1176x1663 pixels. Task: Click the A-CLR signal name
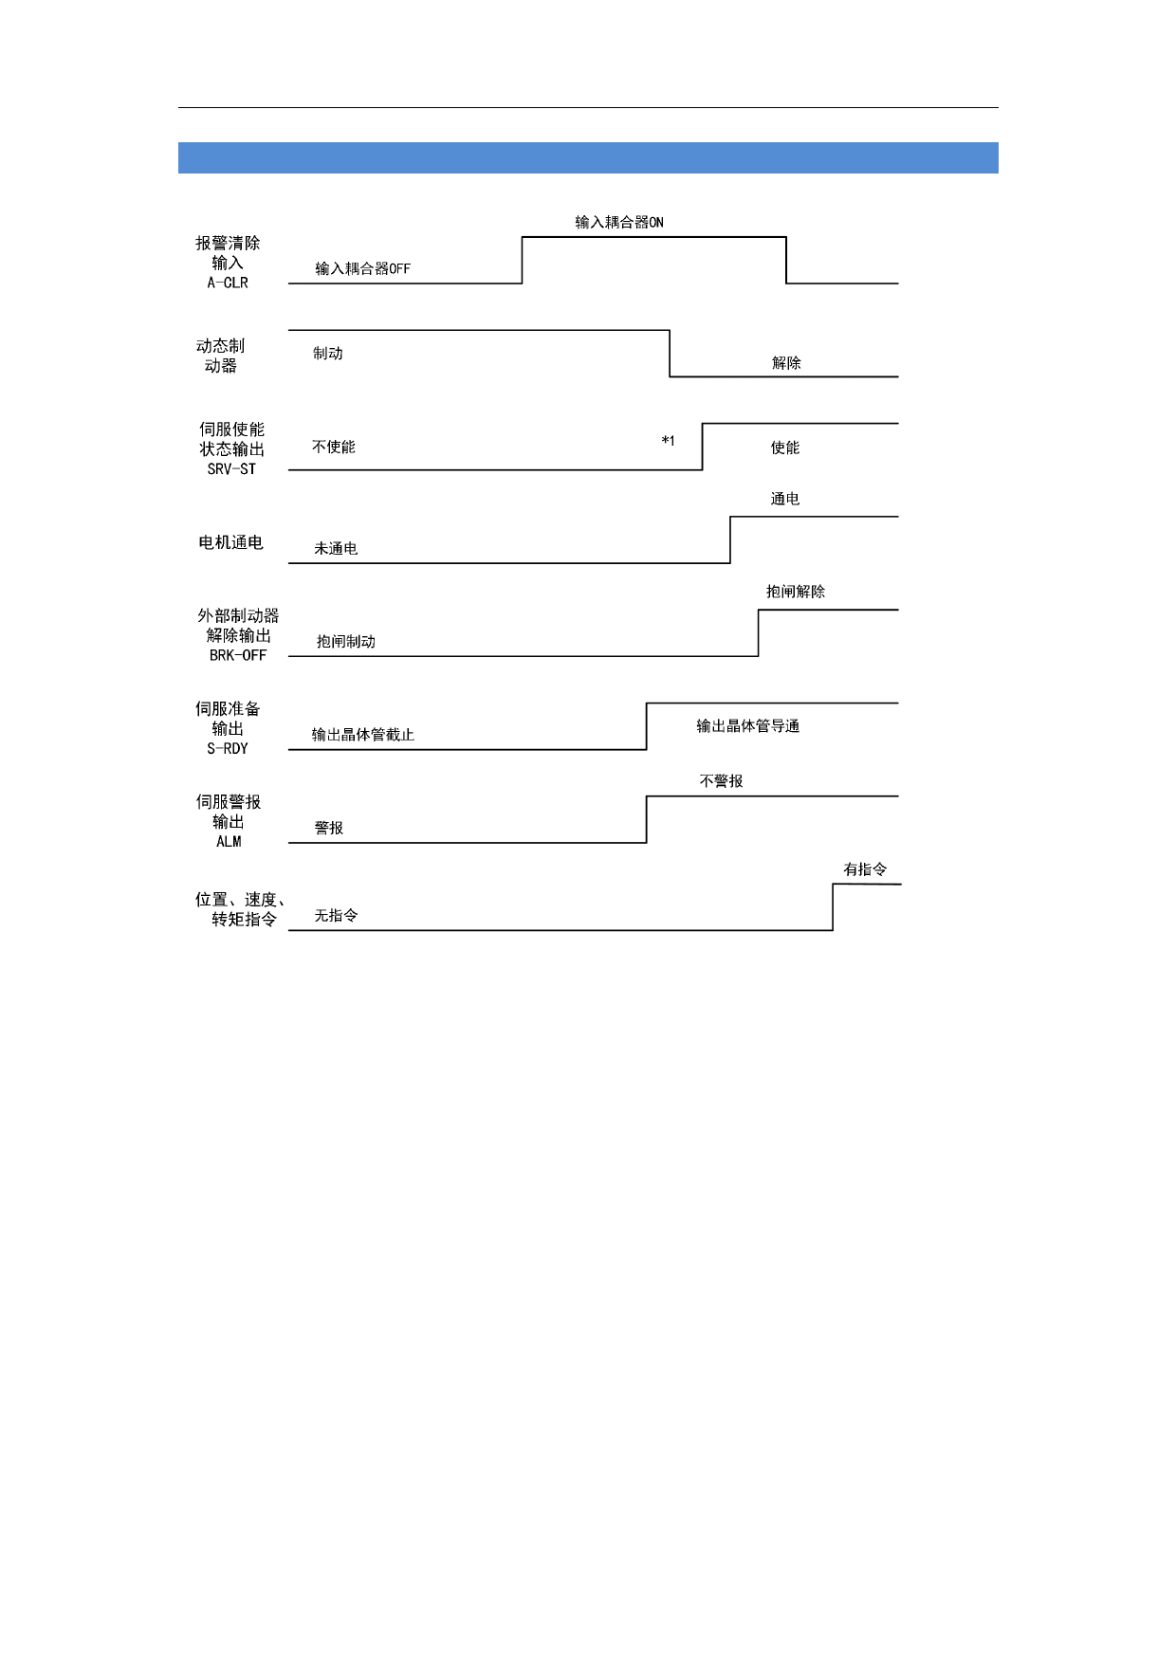tap(228, 283)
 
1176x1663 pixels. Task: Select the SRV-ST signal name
tap(231, 469)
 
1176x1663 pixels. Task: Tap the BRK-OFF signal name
tap(238, 655)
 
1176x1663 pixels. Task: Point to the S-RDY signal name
tap(228, 749)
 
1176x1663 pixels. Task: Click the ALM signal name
tap(229, 842)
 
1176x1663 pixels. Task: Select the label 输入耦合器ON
tap(619, 223)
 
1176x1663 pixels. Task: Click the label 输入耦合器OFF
tap(362, 269)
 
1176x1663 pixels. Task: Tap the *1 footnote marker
tap(669, 441)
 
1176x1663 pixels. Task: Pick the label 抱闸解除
tap(796, 592)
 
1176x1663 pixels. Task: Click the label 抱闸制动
tap(346, 642)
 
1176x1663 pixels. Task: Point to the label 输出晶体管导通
tap(748, 726)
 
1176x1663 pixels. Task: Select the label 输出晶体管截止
tap(363, 735)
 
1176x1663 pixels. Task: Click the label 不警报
tap(722, 781)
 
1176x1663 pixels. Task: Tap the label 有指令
tap(866, 869)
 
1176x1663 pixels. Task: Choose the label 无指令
tap(337, 916)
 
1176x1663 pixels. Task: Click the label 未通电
tap(337, 549)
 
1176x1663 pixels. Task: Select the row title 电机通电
tap(230, 542)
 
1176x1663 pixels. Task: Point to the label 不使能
tap(334, 448)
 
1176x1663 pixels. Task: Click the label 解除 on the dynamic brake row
tap(786, 363)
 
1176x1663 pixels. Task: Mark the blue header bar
tap(588, 158)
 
